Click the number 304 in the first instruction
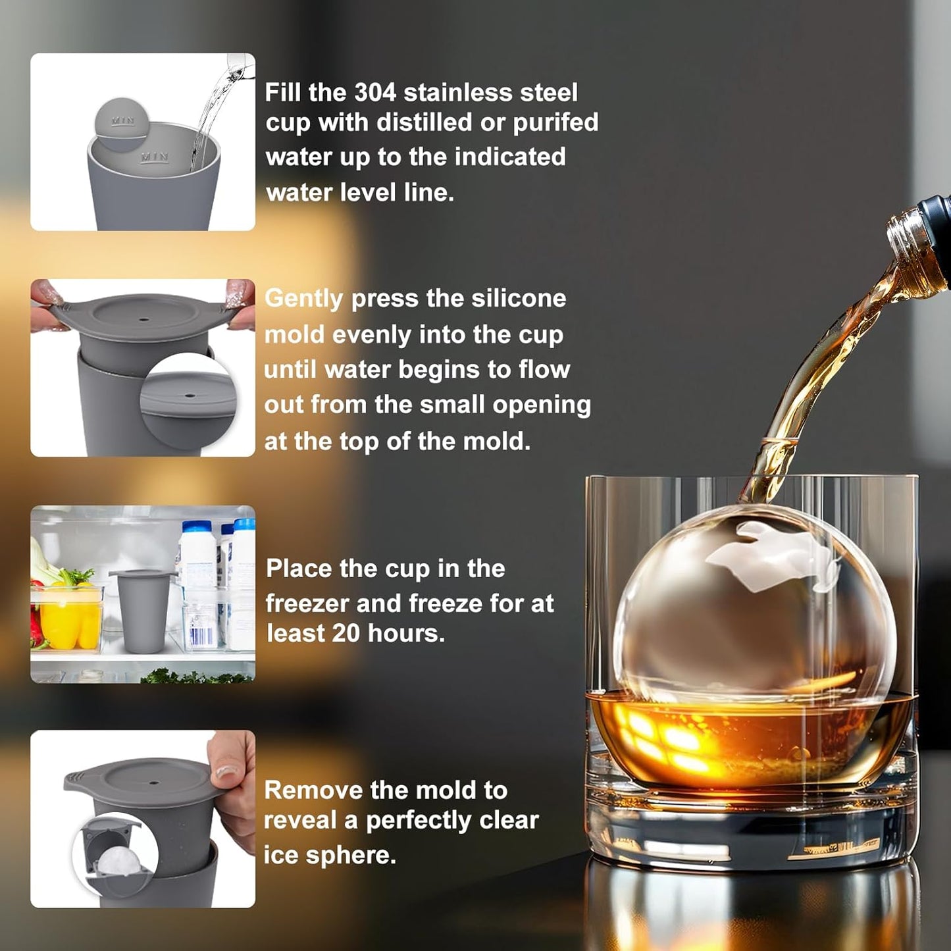point(374,93)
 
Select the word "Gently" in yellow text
point(303,299)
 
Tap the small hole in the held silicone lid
point(144,319)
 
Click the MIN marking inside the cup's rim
point(155,157)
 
